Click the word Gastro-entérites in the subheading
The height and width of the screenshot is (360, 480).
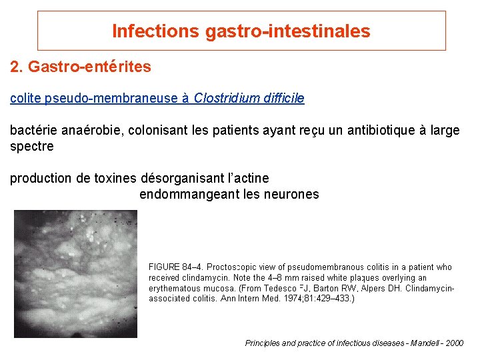click(x=89, y=67)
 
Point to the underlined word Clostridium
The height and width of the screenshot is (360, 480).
click(x=223, y=99)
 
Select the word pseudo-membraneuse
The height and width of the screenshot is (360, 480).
click(x=111, y=99)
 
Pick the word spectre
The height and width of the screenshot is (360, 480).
click(x=31, y=146)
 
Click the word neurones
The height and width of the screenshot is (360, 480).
click(x=292, y=194)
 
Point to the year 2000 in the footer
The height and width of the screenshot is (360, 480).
click(x=453, y=343)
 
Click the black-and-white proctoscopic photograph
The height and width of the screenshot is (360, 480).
click(x=75, y=274)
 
